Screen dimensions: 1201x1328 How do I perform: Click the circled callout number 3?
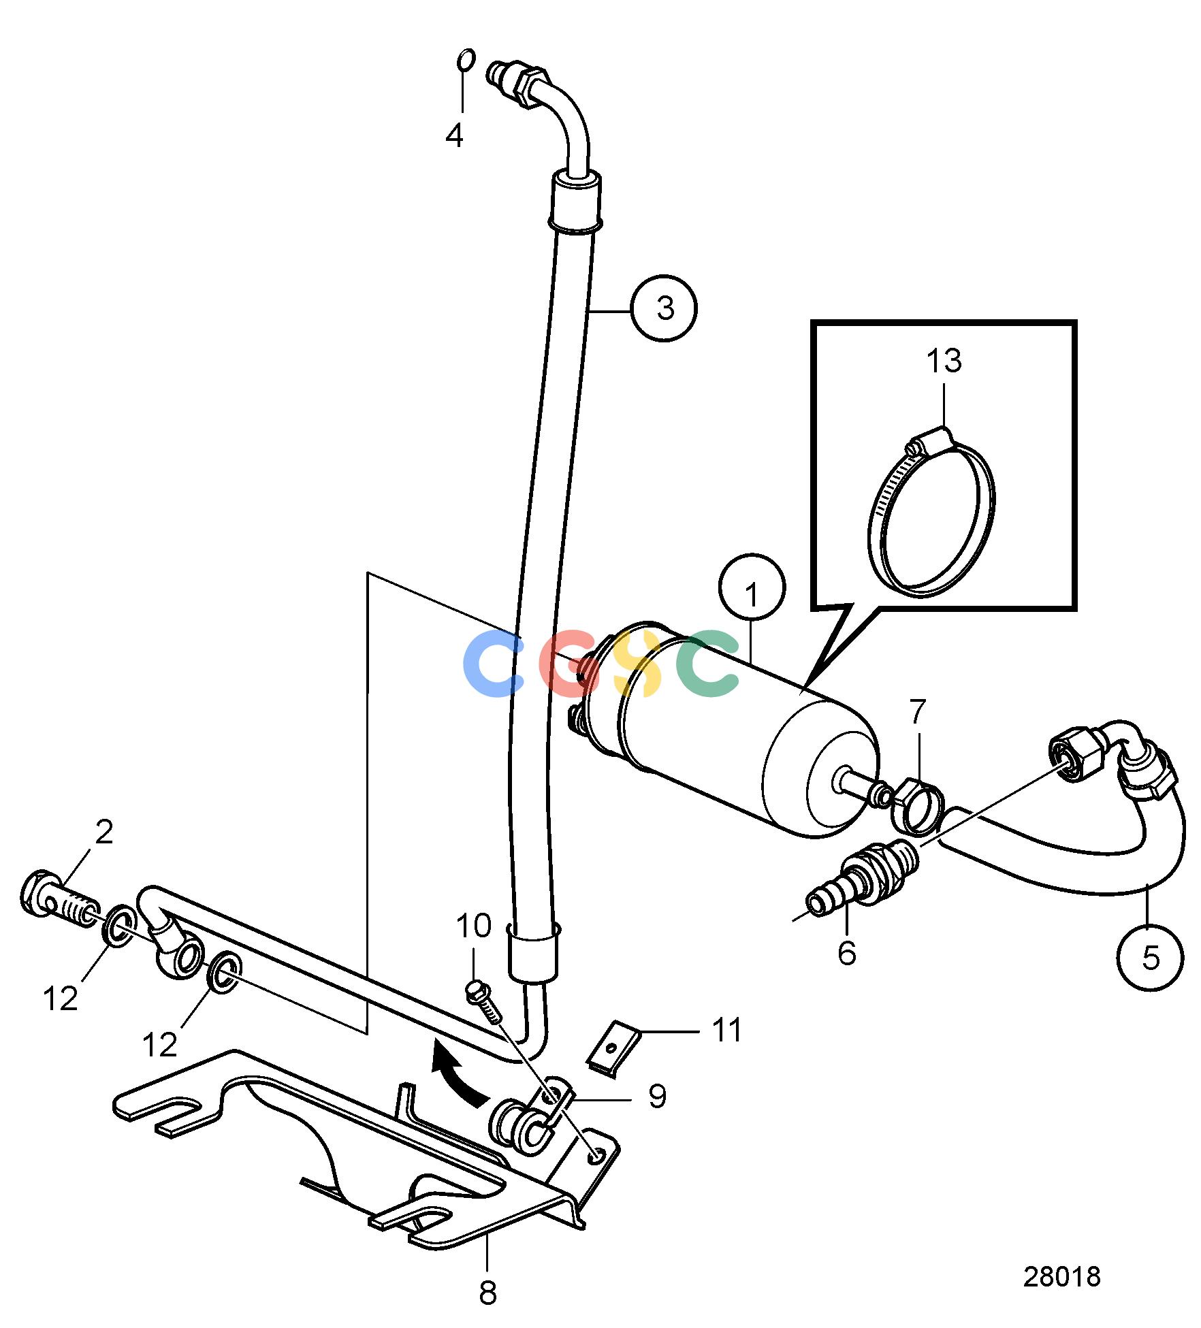(664, 308)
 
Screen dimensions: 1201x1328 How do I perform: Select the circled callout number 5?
(1150, 958)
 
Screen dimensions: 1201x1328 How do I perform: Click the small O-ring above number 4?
(465, 59)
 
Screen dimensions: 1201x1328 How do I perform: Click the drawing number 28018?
(1061, 1276)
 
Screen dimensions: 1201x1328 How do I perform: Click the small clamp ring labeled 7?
(917, 808)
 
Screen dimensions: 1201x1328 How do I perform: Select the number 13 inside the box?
(944, 361)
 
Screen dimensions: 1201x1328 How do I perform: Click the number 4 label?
(454, 135)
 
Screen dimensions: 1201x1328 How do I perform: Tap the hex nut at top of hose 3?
(530, 86)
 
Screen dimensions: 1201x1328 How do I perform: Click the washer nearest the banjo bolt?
(119, 925)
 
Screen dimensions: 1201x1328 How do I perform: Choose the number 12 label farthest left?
(61, 999)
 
